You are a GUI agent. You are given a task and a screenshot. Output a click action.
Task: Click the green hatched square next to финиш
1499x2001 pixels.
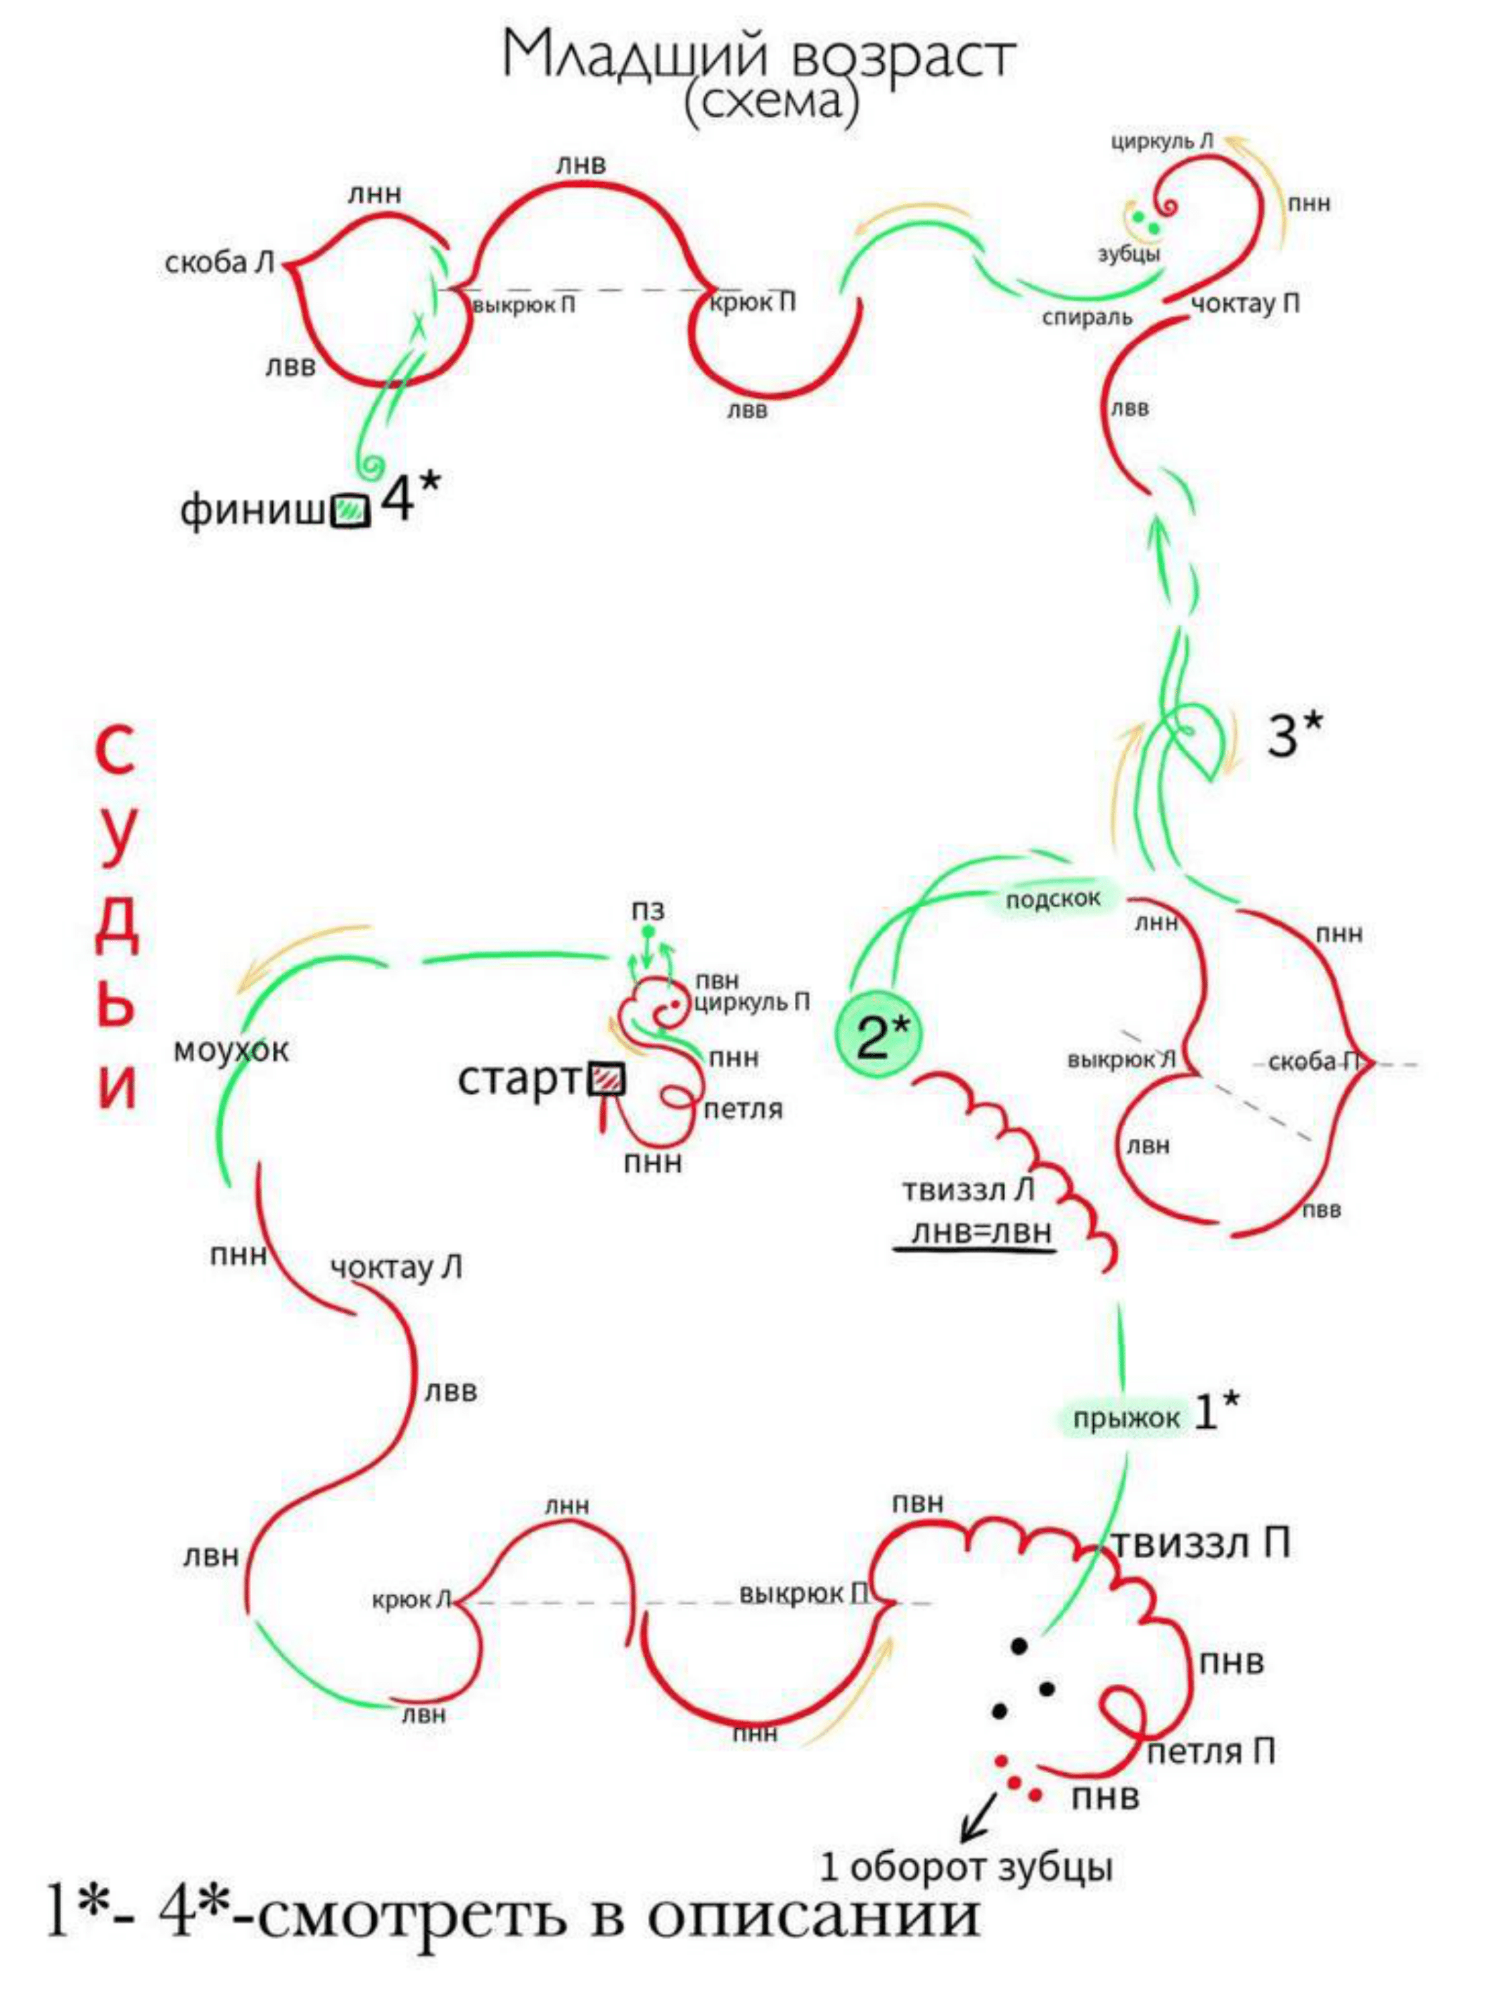point(350,511)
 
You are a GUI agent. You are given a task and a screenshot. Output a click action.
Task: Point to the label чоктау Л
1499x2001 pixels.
point(395,1267)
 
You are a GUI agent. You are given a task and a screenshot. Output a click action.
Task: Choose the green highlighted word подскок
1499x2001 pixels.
point(1052,899)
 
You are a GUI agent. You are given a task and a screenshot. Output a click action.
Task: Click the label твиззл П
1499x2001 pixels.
point(1199,1543)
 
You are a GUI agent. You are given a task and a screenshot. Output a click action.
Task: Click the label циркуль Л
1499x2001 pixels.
point(1161,142)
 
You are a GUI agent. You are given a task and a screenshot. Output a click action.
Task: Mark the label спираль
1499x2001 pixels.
point(1087,317)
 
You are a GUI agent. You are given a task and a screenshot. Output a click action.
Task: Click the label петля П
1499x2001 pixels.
point(1211,1752)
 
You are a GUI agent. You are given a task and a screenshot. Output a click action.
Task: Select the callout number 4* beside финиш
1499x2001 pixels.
point(409,497)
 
